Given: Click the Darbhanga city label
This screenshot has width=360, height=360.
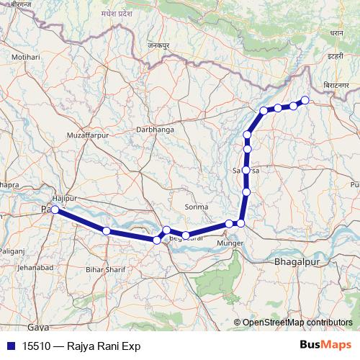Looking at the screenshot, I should tap(155, 130).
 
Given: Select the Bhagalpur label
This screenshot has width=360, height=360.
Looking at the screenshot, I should tap(296, 264).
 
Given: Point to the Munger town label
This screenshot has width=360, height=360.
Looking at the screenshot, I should tap(230, 246).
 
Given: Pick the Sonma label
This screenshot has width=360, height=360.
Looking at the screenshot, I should tap(196, 207).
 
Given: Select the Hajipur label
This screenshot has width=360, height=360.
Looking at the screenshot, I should tap(65, 197).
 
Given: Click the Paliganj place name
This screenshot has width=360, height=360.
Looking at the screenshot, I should tap(12, 251).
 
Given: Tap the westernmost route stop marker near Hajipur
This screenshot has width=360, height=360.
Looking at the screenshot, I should tap(55, 210).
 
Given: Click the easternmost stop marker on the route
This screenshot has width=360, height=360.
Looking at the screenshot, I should tap(305, 100).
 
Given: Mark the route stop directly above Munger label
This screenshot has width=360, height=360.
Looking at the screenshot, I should tap(229, 224).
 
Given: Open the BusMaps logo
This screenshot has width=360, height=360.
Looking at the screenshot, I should tap(326, 346).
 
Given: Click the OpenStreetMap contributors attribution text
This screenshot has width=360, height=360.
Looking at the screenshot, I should tap(297, 323).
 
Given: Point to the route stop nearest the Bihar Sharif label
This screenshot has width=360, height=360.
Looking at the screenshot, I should tap(107, 230).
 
